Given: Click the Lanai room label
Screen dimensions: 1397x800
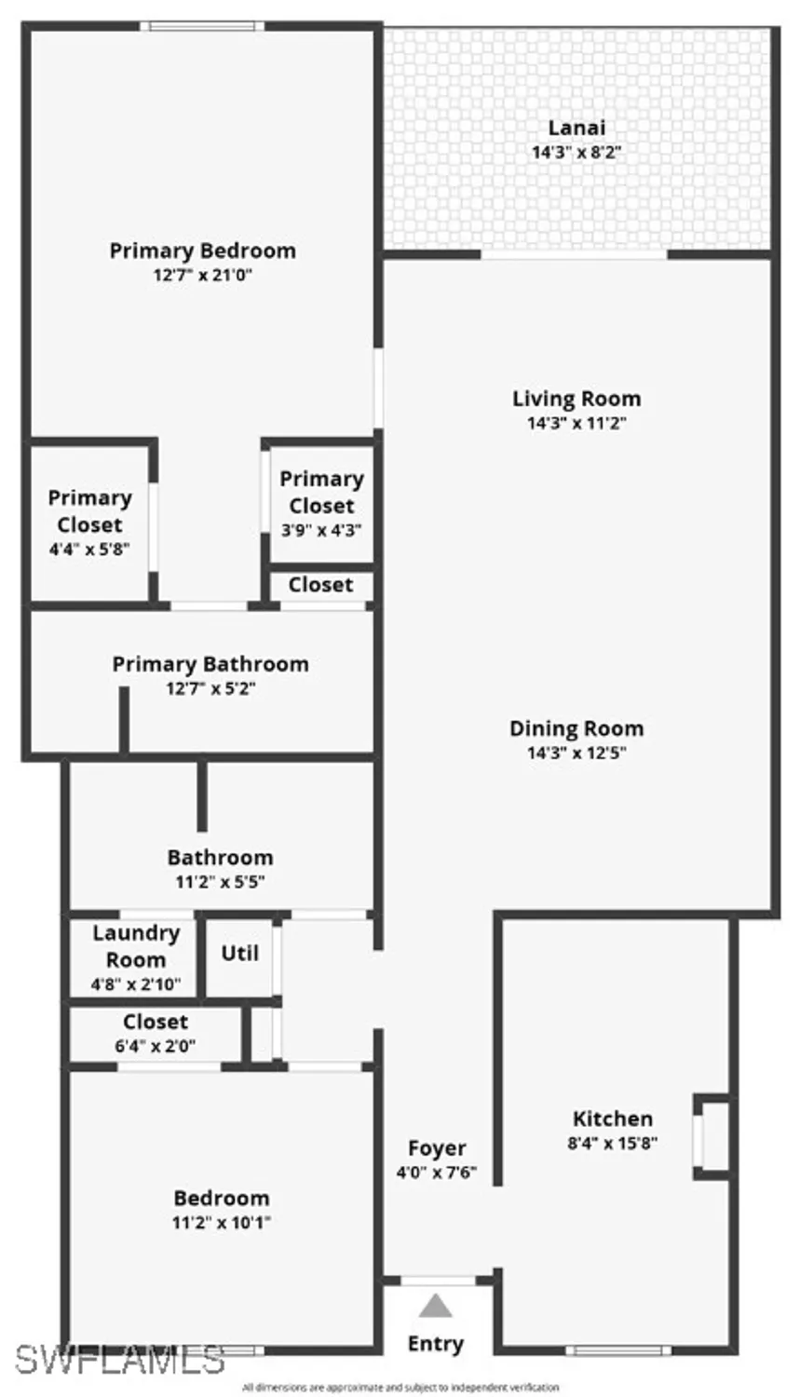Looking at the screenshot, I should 576,128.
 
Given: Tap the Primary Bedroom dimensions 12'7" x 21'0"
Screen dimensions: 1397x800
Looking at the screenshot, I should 203,275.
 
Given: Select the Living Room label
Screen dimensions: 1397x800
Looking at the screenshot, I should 576,399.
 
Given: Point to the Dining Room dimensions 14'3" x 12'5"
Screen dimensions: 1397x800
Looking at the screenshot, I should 576,753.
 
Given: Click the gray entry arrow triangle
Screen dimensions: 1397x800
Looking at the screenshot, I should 435,1307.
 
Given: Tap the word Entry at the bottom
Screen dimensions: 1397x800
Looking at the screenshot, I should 435,1343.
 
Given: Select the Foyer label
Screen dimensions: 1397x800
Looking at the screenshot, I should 437,1148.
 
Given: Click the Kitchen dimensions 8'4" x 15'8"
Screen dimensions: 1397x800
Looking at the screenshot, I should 613,1143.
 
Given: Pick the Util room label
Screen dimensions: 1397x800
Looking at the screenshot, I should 239,953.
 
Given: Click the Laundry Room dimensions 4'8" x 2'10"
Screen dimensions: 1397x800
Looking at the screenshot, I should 136,983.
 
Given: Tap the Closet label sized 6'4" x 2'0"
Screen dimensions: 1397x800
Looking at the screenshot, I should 156,1022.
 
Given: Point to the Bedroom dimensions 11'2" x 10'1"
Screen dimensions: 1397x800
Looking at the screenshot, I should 222,1222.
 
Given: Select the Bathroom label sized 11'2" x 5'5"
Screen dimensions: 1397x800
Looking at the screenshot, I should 221,857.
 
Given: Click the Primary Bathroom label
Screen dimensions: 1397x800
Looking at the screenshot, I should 210,664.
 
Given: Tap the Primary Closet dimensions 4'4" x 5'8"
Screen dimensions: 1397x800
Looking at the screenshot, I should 89,549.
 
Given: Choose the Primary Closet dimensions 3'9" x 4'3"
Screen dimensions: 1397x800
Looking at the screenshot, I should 321,530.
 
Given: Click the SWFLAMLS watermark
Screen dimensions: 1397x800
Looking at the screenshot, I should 119,1360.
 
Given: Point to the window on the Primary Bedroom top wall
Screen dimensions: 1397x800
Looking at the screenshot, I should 202,26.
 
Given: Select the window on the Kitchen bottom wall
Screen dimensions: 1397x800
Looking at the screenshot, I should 618,1350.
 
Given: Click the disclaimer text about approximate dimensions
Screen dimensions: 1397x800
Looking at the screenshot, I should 400,1388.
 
